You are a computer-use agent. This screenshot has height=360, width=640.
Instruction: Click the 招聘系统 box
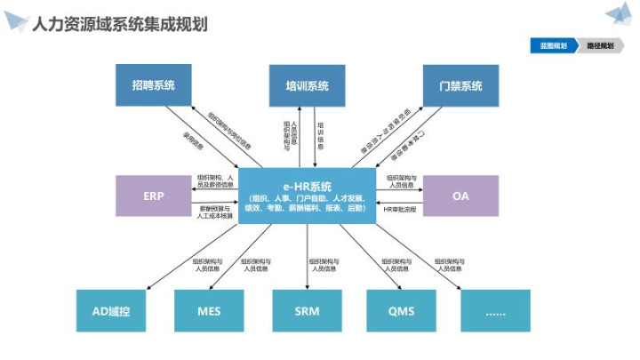pos(153,86)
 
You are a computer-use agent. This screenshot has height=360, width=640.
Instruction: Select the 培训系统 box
pos(307,86)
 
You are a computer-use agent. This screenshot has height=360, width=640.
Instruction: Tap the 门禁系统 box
pos(460,86)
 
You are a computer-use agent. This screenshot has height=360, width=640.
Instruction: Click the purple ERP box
pos(153,196)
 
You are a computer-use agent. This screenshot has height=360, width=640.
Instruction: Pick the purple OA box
pos(460,196)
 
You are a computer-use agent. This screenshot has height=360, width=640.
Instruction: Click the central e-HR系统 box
pos(307,196)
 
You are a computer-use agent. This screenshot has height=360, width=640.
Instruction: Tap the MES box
pos(209,310)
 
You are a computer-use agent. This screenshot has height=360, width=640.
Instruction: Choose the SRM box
pos(307,310)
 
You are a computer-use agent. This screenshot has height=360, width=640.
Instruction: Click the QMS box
pos(401,310)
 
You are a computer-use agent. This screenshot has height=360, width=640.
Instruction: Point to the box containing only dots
pos(495,310)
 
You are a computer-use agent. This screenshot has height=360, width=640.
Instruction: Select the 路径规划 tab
pos(599,44)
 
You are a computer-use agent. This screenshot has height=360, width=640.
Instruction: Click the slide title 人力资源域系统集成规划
pos(119,22)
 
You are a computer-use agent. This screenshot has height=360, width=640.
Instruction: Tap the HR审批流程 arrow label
pos(399,209)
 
